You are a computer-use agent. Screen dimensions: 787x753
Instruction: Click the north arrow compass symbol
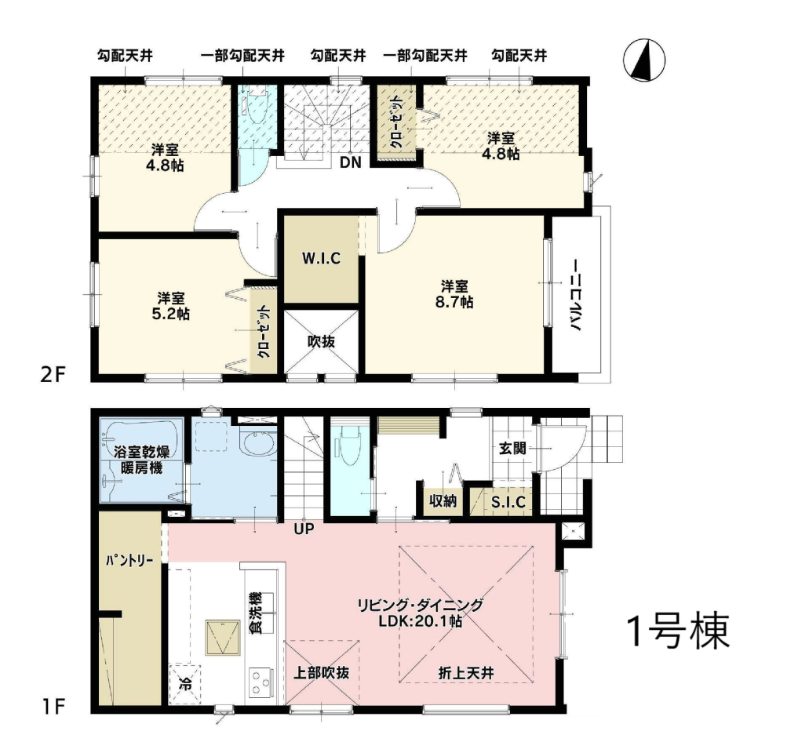pos(644,60)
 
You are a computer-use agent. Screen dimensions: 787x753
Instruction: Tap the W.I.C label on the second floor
pos(321,258)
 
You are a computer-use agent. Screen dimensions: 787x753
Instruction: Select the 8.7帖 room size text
pos(455,303)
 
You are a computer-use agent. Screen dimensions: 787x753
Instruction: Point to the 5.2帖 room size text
pos(170,314)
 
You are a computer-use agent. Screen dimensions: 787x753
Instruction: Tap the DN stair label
pos(350,162)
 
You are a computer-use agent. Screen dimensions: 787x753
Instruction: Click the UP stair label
pos(304,528)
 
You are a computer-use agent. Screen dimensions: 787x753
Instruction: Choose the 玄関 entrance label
pos(512,448)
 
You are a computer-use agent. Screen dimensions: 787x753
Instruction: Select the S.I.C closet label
pos(508,502)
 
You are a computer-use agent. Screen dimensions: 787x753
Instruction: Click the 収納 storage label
pos(443,500)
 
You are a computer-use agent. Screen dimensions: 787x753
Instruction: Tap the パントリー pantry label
pos(129,560)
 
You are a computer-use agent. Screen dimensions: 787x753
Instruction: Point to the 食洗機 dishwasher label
pos(256,613)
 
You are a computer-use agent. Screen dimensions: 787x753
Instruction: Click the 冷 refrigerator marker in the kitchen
pos(185,683)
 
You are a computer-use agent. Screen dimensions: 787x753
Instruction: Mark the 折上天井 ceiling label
pos(466,673)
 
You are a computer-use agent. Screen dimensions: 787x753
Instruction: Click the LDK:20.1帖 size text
pos(420,621)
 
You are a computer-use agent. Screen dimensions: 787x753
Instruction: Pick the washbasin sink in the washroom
pos(257,443)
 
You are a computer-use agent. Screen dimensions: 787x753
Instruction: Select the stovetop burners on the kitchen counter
pos(261,682)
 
